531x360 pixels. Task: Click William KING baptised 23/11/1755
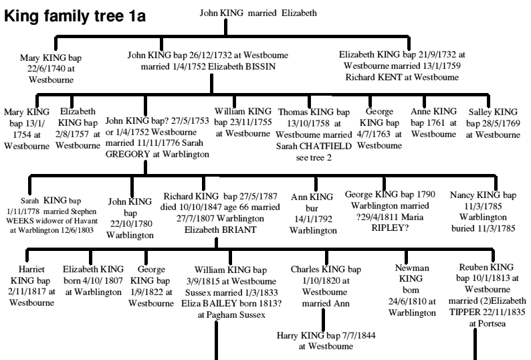[241, 116]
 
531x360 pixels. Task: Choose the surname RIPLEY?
[401, 216]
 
